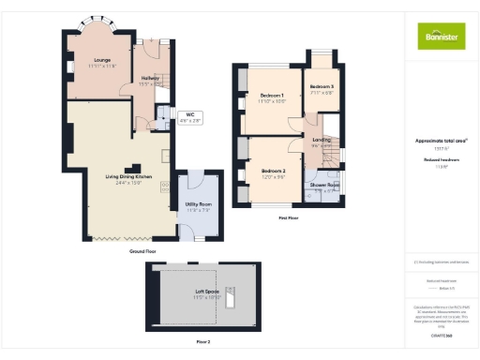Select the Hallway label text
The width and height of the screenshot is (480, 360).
pos(150,82)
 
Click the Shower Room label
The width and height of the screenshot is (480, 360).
pos(324,187)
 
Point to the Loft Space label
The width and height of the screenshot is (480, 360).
pos(208,294)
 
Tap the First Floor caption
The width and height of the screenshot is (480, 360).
pos(289,218)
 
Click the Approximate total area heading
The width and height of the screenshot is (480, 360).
pos(441,141)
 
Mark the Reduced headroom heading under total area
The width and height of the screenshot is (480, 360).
pos(441,161)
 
